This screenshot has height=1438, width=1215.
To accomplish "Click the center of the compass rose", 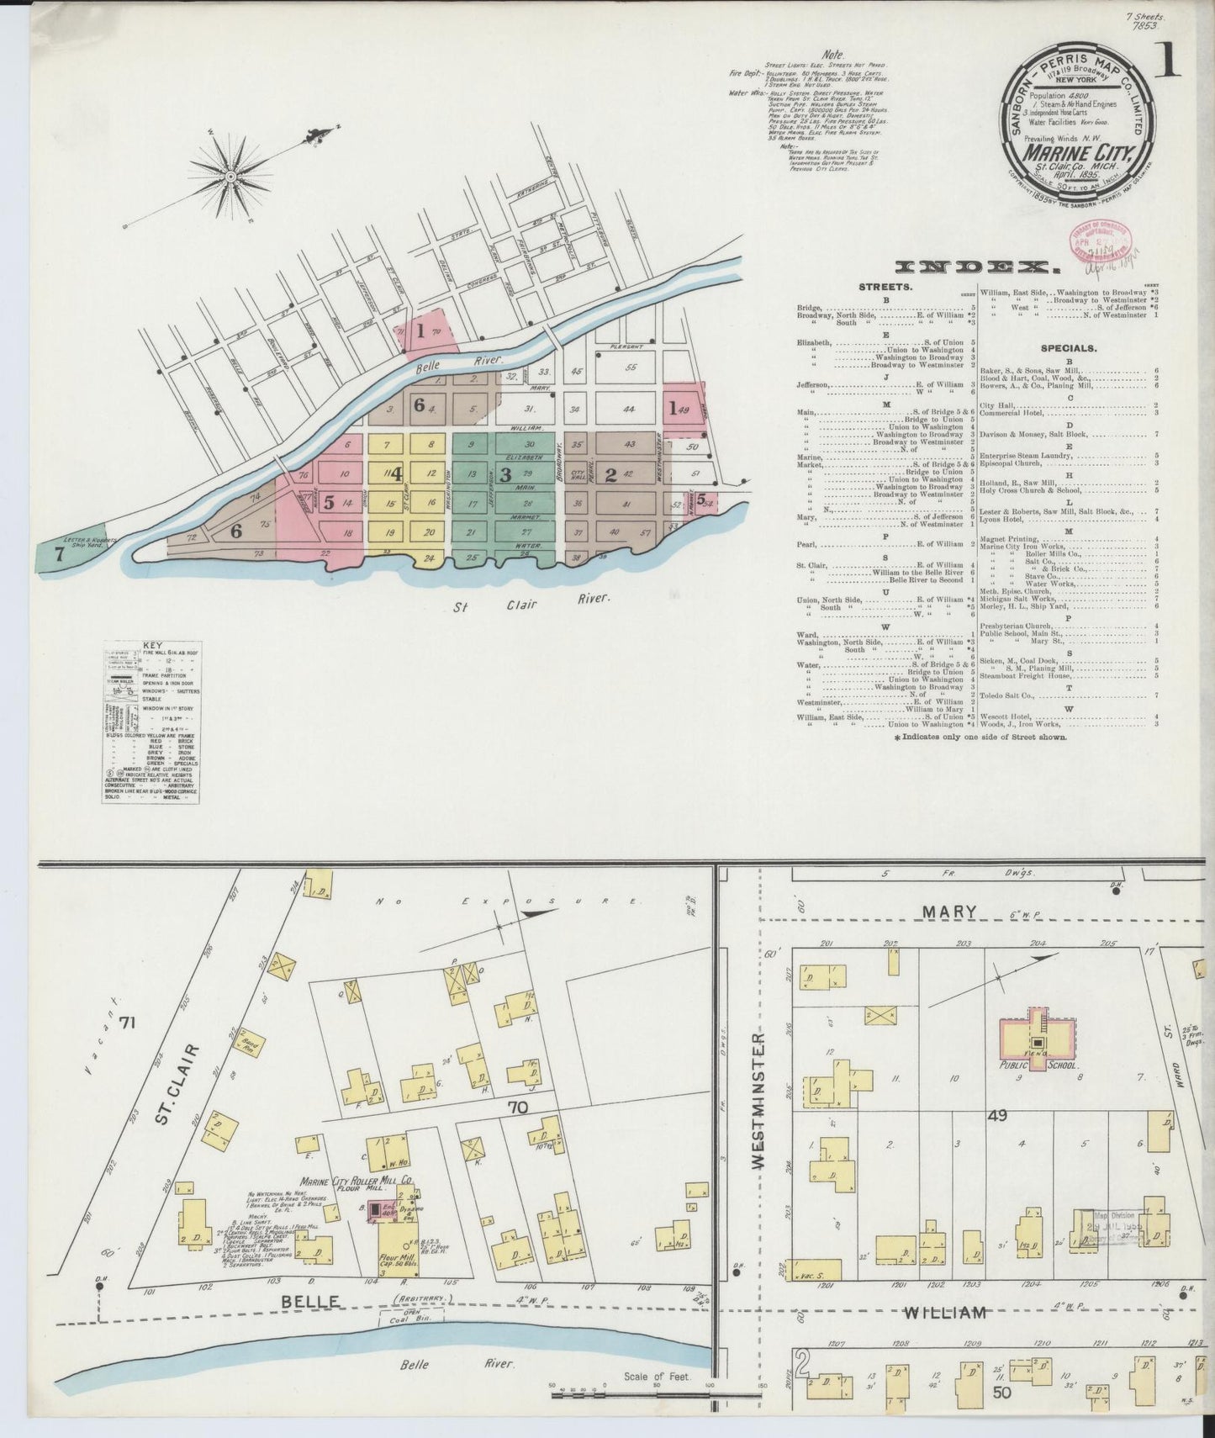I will pos(230,176).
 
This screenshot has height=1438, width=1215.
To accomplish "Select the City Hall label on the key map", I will pos(577,474).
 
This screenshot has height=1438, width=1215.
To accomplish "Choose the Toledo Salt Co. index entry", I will pos(1010,695).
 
